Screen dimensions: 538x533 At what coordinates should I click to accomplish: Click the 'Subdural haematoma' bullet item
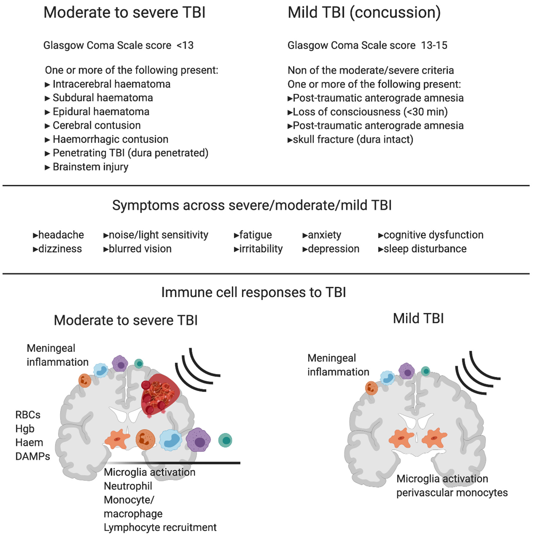tap(103, 98)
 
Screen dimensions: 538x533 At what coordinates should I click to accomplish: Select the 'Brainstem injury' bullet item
tap(90, 167)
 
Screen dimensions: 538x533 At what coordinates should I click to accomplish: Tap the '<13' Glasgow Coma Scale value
tap(185, 45)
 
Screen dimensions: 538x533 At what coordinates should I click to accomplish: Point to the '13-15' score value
tap(434, 45)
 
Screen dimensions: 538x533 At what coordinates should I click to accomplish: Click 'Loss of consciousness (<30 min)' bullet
tap(370, 112)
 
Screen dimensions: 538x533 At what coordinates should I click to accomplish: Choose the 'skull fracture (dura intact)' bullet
tap(353, 139)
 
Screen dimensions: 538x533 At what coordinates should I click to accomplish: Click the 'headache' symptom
tap(61, 235)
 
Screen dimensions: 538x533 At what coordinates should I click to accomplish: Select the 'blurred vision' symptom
tap(140, 249)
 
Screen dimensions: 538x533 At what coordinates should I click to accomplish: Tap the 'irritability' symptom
tap(261, 249)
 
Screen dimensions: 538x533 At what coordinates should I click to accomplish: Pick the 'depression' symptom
tap(334, 249)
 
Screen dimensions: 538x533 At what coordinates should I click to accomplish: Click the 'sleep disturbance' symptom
tap(425, 249)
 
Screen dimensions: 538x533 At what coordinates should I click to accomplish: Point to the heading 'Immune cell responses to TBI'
tap(254, 292)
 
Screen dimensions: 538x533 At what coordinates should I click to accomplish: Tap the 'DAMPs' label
tap(32, 456)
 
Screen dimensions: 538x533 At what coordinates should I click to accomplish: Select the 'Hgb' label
tap(25, 429)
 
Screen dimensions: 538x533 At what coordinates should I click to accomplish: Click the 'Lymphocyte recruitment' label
tap(160, 527)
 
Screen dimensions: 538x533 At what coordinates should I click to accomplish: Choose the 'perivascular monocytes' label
tap(452, 493)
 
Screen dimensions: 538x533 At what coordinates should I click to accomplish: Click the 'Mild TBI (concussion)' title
tap(364, 13)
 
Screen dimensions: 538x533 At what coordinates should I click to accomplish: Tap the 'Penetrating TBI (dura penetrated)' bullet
tap(130, 153)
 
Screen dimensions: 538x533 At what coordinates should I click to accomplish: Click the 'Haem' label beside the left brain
tap(29, 442)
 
